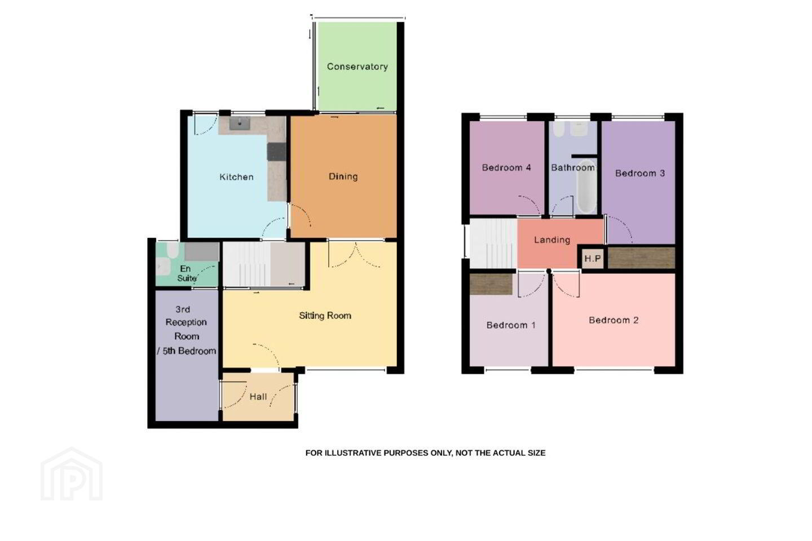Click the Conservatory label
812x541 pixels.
tap(358, 66)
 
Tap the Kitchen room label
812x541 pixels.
tap(236, 177)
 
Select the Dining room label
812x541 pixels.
tap(343, 176)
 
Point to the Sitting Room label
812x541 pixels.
tap(325, 316)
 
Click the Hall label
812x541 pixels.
tap(258, 397)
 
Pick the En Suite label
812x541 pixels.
tap(187, 273)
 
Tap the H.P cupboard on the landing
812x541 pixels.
tap(593, 258)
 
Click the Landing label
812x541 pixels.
tap(552, 240)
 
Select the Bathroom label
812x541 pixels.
tap(573, 167)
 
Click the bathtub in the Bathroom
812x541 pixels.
tap(586, 187)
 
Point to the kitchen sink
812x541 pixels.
tap(240, 123)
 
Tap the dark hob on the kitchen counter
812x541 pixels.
tap(276, 152)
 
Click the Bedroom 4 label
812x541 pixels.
tap(506, 167)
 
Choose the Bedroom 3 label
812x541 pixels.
tap(640, 173)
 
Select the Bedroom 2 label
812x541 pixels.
tap(614, 320)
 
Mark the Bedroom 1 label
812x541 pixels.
tap(511, 325)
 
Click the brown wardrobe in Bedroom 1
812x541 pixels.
tap(491, 283)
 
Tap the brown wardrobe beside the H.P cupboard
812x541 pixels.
tap(641, 258)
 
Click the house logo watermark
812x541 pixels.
tap(72, 474)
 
